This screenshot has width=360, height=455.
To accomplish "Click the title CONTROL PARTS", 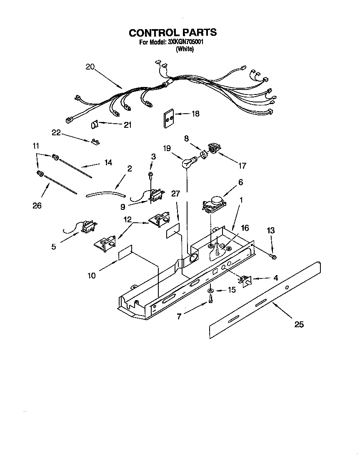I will pos(172,32).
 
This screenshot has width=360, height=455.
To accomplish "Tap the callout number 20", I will pos(90,67).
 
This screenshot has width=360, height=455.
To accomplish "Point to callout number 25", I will pos(299,325).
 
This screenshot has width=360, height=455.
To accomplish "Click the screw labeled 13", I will pos(273,258).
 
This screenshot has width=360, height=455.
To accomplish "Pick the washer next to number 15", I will pos(211,290).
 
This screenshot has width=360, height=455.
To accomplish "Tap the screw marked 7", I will pos(211,299).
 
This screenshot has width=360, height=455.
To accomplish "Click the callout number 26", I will pos(37,205).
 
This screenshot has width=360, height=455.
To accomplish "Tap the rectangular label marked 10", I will pos(125,252).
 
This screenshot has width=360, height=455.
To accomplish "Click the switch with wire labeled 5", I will pos(88,227).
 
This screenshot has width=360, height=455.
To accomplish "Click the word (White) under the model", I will pos(185,49).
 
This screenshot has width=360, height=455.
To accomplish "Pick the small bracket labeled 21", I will pos(94,124).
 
